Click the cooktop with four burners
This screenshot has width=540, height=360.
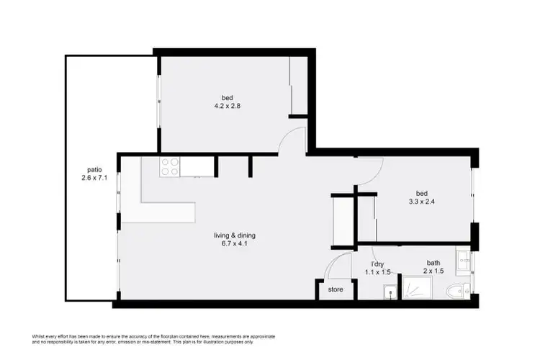169,167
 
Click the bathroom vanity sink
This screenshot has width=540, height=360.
462,260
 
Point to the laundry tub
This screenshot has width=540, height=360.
390,293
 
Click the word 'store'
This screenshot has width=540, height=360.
336,289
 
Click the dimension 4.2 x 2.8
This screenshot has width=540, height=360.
227,107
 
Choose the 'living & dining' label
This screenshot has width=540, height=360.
234,235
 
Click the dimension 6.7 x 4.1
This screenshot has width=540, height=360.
234,243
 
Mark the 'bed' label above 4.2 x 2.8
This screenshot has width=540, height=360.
227,98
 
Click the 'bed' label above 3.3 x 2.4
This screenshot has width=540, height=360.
423,192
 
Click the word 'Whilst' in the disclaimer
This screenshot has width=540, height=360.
39,336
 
